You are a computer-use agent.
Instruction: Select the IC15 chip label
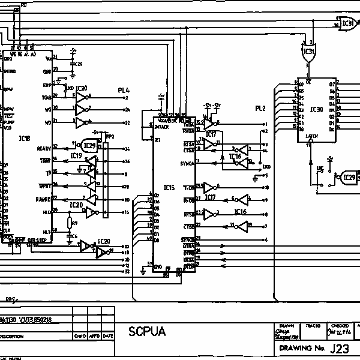(x=169, y=187)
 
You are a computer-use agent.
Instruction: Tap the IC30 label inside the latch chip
(x=317, y=109)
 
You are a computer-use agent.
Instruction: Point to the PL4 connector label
(x=124, y=91)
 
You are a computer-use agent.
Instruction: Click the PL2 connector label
(x=260, y=109)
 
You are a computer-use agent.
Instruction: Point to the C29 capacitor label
(x=78, y=64)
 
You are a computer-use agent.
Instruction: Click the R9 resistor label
(x=74, y=223)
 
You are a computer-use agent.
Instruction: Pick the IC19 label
(x=76, y=155)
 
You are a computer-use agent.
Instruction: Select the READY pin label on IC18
(x=44, y=148)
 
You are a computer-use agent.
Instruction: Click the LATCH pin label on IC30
(x=312, y=137)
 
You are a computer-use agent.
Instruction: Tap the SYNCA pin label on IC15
(x=187, y=163)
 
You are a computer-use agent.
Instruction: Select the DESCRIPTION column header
(x=12, y=336)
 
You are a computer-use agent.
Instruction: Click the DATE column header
(x=107, y=336)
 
